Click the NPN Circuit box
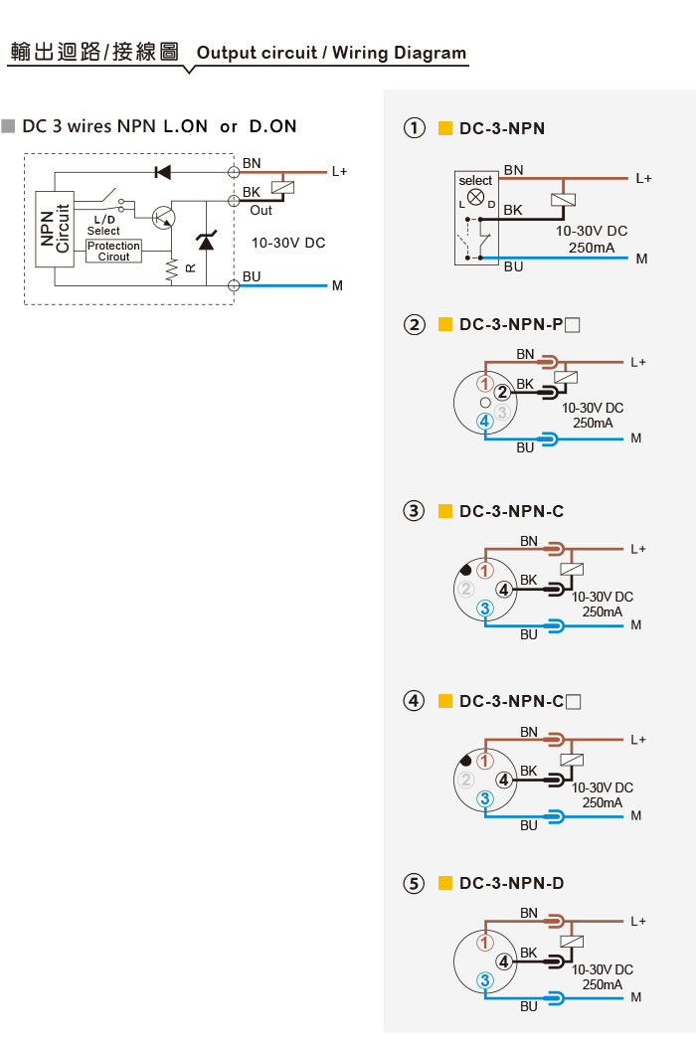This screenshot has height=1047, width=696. [x=54, y=229]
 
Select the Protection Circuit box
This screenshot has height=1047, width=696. [x=113, y=252]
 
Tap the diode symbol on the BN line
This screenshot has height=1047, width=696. [x=162, y=172]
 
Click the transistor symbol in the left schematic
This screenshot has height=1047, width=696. [x=164, y=217]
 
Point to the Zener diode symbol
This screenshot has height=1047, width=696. [x=207, y=240]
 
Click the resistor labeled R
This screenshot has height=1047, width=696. [x=172, y=269]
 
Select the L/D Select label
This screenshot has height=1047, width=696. [x=103, y=225]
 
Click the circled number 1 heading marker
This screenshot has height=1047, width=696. [x=415, y=127]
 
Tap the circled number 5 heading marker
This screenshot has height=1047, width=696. [x=415, y=883]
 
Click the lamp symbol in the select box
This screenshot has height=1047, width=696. [x=475, y=197]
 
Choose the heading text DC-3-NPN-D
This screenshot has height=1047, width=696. [x=512, y=883]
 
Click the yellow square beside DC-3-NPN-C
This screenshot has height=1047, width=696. [x=444, y=511]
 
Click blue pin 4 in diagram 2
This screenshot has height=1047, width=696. [x=485, y=422]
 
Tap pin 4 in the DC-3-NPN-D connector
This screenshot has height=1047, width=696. [x=504, y=961]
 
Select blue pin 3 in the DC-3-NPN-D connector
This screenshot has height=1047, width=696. [x=485, y=980]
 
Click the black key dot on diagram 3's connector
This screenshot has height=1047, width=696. [x=466, y=570]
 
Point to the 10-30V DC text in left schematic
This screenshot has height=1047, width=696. [x=288, y=243]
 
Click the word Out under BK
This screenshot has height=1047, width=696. [x=261, y=211]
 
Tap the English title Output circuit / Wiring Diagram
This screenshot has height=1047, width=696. [x=331, y=53]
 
